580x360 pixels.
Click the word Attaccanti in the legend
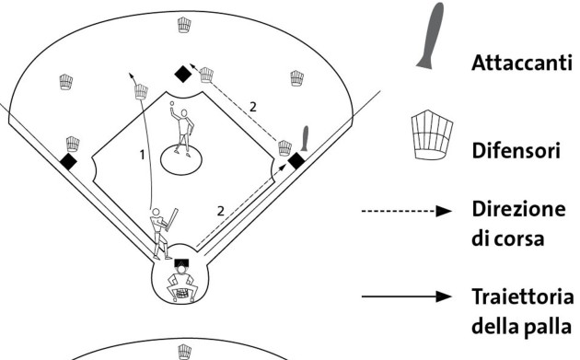tap(522, 63)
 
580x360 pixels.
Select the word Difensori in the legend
tap(516, 151)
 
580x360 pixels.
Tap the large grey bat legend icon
tap(430, 36)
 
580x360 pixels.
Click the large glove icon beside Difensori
tap(432, 134)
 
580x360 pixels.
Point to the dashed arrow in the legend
tap(407, 211)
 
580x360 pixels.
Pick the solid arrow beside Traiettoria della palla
tap(407, 296)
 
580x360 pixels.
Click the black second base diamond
tap(183, 74)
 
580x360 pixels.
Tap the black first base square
tap(296, 161)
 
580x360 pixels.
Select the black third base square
tap(68, 162)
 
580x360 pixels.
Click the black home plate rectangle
tap(181, 263)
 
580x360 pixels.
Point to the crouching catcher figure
tap(181, 285)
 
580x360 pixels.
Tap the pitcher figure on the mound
tap(182, 131)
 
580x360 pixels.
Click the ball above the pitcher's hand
tap(172, 103)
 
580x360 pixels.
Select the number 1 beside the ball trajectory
tap(142, 155)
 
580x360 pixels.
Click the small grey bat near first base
tap(305, 138)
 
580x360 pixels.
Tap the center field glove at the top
tap(184, 25)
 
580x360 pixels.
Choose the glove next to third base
tap(73, 144)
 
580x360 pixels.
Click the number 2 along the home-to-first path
tap(221, 211)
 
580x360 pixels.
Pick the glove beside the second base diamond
tap(206, 75)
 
